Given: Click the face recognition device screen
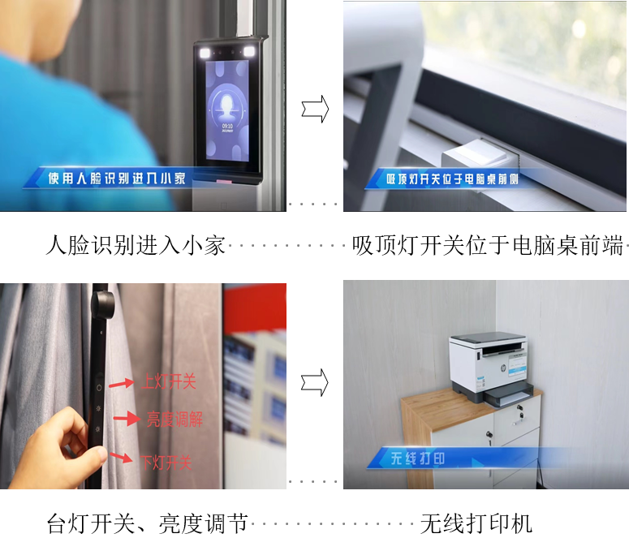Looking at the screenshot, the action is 227,110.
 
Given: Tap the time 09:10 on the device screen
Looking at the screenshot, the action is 227,126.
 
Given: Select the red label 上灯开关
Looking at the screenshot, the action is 169,381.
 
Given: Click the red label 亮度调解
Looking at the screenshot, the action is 174,420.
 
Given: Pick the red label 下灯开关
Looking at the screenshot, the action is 166,463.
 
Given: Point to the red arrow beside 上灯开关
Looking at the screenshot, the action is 122,383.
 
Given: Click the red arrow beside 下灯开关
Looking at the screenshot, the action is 120,458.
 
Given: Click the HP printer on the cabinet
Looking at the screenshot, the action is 491,368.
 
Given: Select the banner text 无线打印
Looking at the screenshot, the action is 418,458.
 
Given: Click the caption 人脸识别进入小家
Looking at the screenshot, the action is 136,245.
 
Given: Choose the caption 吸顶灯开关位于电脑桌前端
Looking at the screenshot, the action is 488,245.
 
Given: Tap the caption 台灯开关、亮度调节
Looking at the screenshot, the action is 147,523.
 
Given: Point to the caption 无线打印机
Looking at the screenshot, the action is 476,523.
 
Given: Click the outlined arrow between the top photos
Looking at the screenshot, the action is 315,109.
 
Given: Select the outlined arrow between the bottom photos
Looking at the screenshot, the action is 315,383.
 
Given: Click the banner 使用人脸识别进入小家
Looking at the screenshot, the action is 117,179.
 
